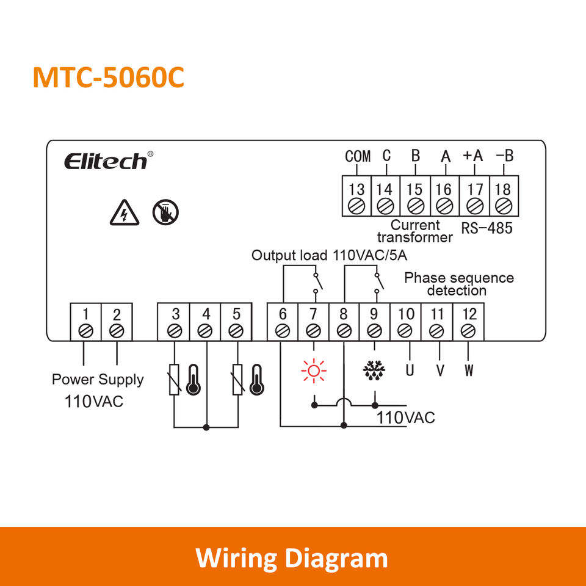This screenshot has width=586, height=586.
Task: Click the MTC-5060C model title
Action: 108,77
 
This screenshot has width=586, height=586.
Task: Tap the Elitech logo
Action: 106,161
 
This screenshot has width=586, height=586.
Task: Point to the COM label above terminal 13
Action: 358,156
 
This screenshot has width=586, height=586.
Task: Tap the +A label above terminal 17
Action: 472,156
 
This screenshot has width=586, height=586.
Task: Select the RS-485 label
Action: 487,229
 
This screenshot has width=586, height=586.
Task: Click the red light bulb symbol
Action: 314,371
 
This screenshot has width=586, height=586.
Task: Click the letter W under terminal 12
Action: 468,371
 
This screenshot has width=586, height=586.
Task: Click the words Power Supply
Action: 98,380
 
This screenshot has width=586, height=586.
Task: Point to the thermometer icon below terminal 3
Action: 194,380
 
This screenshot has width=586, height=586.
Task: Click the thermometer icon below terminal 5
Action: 255,380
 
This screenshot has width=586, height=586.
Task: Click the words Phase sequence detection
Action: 458,284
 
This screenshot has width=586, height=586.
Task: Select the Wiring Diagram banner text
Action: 292,558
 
